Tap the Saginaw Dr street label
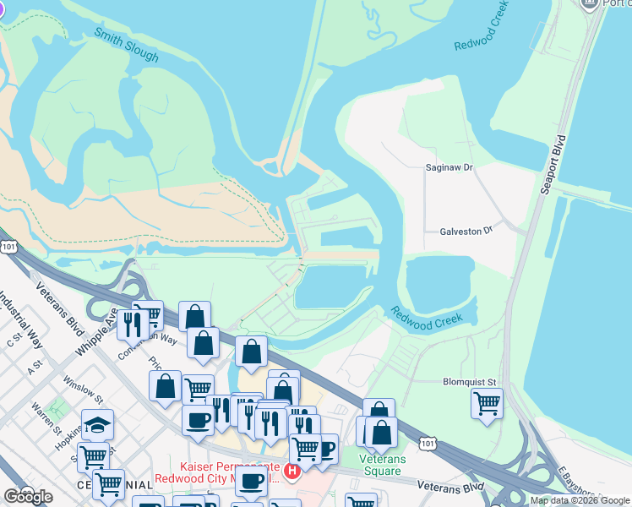click(x=449, y=168)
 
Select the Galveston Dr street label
click(x=466, y=232)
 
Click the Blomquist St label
click(x=468, y=382)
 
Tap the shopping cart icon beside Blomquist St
click(x=487, y=402)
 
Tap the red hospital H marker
click(x=292, y=471)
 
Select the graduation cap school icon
click(x=97, y=423)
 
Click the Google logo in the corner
click(x=28, y=497)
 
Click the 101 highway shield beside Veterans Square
click(x=428, y=443)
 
